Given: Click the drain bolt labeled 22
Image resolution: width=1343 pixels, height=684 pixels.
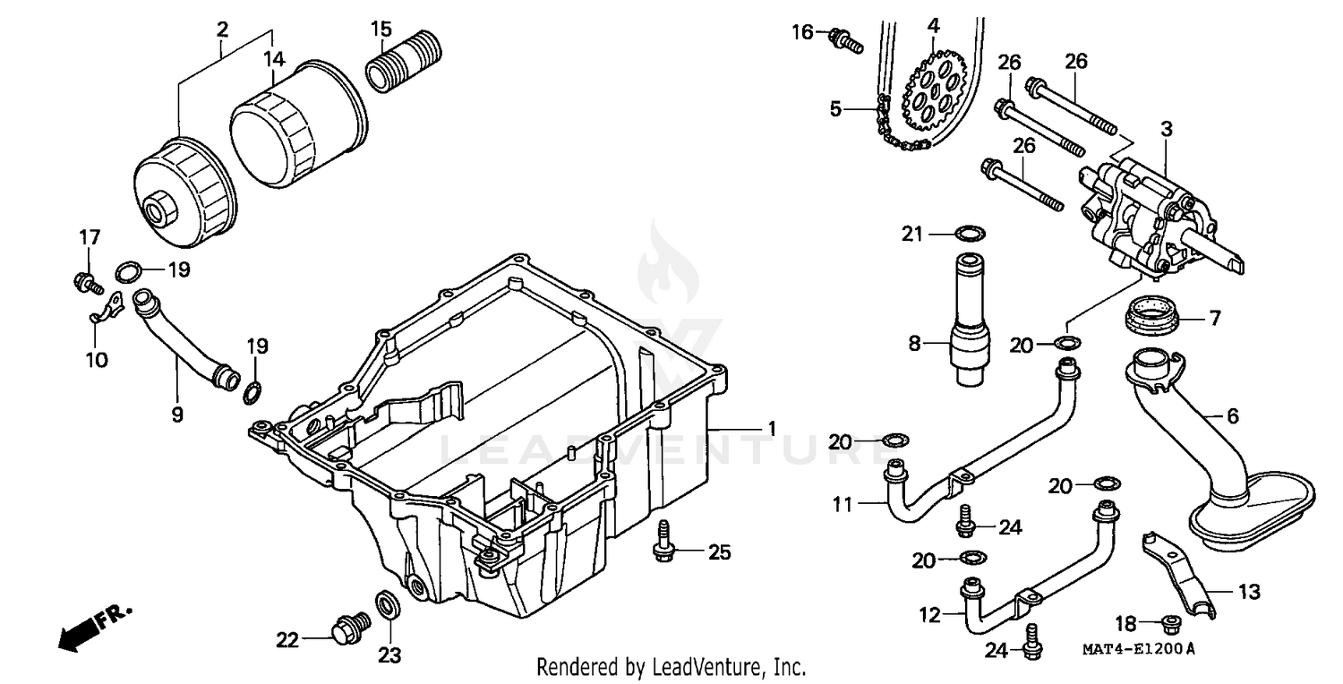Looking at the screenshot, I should pos(349,628).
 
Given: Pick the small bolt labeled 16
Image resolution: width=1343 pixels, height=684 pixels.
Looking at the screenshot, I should pos(844,38).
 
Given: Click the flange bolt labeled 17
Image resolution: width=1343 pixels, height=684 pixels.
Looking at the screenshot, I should pos(85,283).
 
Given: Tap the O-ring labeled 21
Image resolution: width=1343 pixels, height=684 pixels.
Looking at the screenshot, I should pos(966,235).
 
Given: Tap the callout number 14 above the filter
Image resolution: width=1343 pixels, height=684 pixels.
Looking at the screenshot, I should pos(274,60).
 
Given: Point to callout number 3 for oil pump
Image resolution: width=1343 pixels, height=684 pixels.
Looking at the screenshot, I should pos(1166,128).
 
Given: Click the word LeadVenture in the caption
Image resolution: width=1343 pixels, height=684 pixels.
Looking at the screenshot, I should pos(708,667).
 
